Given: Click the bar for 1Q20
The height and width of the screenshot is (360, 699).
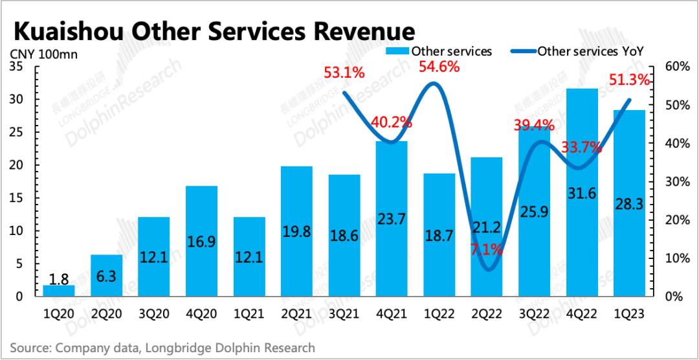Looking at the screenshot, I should (x=59, y=290).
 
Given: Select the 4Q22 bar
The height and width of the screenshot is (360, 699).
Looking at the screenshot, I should (x=582, y=194).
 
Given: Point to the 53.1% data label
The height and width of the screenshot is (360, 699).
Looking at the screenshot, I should (x=345, y=73).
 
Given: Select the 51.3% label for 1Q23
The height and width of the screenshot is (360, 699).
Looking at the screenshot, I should (x=629, y=80).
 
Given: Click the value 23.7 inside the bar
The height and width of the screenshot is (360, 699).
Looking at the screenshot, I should (x=392, y=219).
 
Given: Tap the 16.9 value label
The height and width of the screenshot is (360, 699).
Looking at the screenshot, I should (x=202, y=242).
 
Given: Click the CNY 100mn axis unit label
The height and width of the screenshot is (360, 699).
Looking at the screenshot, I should (x=43, y=54).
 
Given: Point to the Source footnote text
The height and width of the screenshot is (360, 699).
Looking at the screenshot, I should (x=162, y=348).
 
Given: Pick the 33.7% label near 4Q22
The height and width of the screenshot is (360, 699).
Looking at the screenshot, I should (x=581, y=148).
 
